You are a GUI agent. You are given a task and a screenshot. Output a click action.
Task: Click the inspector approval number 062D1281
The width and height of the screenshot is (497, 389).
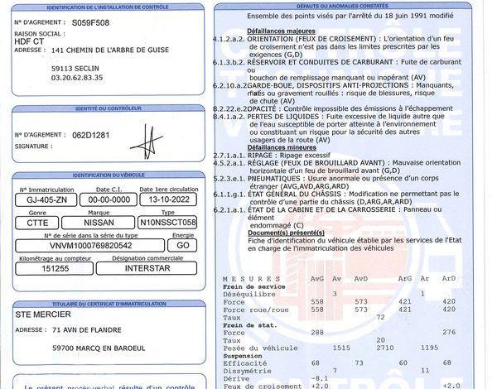[x=91, y=135]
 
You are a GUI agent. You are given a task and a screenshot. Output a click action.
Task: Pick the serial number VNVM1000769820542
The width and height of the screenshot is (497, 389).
[x=91, y=245]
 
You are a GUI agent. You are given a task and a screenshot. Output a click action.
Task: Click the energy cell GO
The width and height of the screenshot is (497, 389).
[x=183, y=245]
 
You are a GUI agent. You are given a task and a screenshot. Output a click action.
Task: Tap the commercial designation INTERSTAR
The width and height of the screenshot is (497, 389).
[x=149, y=268]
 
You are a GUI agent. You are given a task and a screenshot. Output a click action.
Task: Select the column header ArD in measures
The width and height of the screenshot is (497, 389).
[x=448, y=278]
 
